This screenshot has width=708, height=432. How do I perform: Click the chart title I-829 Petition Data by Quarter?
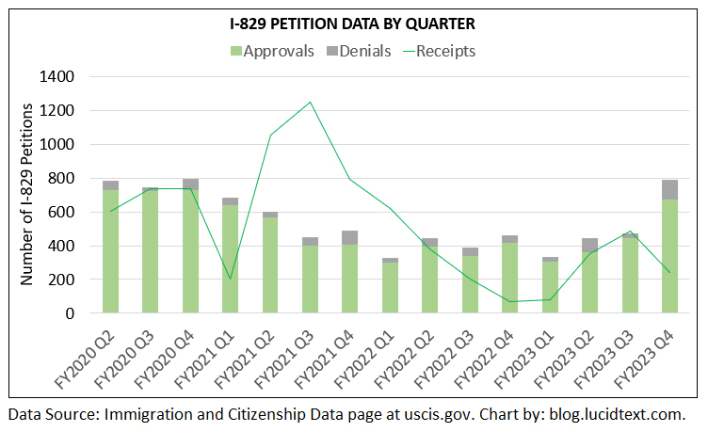(353, 23)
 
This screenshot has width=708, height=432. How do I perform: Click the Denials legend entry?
(362, 51)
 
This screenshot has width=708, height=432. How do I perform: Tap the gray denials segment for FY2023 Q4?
(669, 189)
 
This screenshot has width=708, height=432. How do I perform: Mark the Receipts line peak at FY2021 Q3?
(310, 102)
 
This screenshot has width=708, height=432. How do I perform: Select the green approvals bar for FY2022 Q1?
(390, 288)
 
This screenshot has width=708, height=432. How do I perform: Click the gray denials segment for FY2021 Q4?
(349, 237)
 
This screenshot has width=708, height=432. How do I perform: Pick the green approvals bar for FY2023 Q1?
(550, 287)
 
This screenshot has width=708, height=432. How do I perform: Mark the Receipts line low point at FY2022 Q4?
(509, 302)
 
